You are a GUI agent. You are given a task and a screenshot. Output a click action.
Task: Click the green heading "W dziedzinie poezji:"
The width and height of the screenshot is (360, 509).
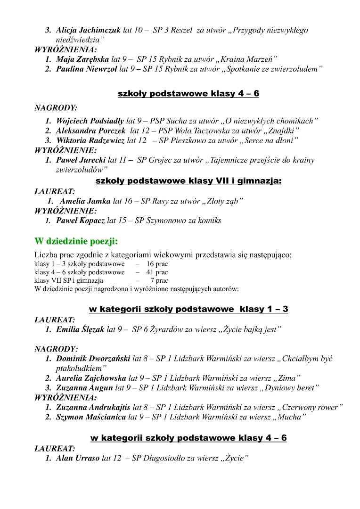(76, 241)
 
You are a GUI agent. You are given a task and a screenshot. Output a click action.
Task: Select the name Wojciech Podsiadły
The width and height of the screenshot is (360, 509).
(90, 121)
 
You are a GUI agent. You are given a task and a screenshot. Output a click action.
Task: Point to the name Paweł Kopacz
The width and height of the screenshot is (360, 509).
(80, 220)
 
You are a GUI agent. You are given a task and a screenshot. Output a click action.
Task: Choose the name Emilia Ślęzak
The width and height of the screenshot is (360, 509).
(80, 329)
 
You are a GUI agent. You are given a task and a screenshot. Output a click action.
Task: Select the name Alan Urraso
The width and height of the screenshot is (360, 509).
(78, 458)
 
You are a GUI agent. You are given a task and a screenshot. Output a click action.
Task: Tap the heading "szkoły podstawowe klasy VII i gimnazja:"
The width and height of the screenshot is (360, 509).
(188, 181)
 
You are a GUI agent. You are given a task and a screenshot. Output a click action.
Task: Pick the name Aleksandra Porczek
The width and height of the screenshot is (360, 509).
(90, 131)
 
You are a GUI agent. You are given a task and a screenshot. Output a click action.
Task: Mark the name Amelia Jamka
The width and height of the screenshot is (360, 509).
(85, 201)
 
